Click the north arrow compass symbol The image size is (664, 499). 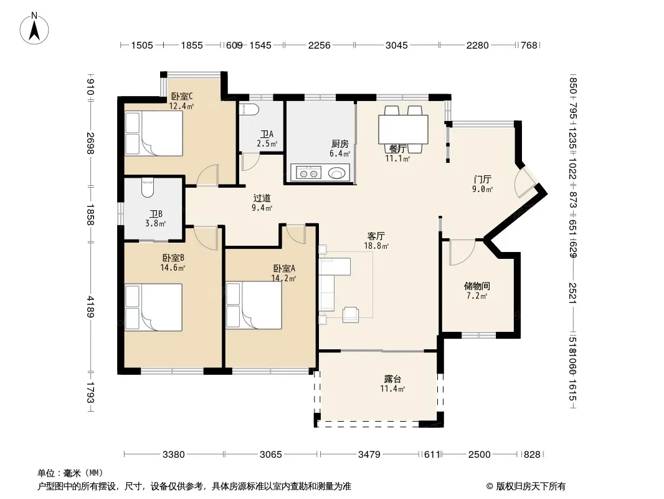pyautogui.click(x=34, y=29)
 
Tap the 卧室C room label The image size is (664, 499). pyautogui.click(x=182, y=97)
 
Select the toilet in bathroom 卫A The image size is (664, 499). pyautogui.click(x=249, y=109)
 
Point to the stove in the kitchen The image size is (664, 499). pyautogui.click(x=308, y=173)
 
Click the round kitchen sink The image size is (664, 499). pyautogui.click(x=337, y=173)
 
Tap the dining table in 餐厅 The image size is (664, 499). pyautogui.click(x=403, y=129)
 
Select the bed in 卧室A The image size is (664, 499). pyautogui.click(x=254, y=306)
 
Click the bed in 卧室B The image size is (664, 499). pyautogui.click(x=154, y=308)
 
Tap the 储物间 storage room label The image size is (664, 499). pyautogui.click(x=477, y=286)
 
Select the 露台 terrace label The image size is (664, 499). pyautogui.click(x=392, y=379)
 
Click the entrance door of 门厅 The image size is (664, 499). pyautogui.click(x=525, y=182)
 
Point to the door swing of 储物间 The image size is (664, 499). pyautogui.click(x=462, y=253)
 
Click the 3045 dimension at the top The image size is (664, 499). pyautogui.click(x=396, y=45)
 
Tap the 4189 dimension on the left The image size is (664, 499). pyautogui.click(x=90, y=306)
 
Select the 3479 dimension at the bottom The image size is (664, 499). pyautogui.click(x=369, y=455)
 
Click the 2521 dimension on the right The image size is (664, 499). pyautogui.click(x=572, y=293)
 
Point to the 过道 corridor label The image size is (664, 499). pyautogui.click(x=262, y=198)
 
